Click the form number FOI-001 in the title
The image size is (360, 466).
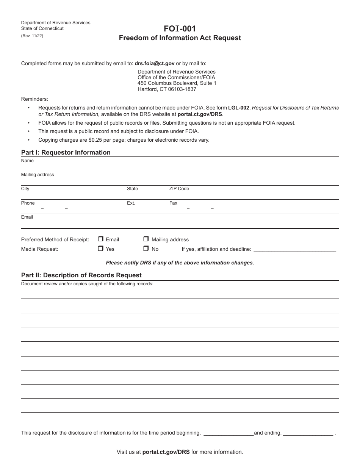coord(180,28)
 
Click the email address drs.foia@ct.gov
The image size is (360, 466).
coord(155,64)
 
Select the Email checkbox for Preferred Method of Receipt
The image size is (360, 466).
coord(101,239)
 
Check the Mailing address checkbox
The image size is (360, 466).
coord(146,239)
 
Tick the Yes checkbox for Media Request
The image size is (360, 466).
coord(101,249)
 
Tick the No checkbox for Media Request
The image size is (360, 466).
coord(146,249)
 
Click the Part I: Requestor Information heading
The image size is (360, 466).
coord(66,152)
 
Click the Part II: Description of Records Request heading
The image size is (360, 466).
coord(81,275)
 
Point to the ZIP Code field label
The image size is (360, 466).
coord(179,189)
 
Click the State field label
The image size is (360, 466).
coord(132,189)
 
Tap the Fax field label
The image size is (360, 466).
coord(173,203)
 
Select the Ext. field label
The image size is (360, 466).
coord(131,203)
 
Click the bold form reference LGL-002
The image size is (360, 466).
coord(239,108)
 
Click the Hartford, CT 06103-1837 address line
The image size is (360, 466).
coord(167,89)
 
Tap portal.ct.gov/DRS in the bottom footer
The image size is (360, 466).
coord(166,452)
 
